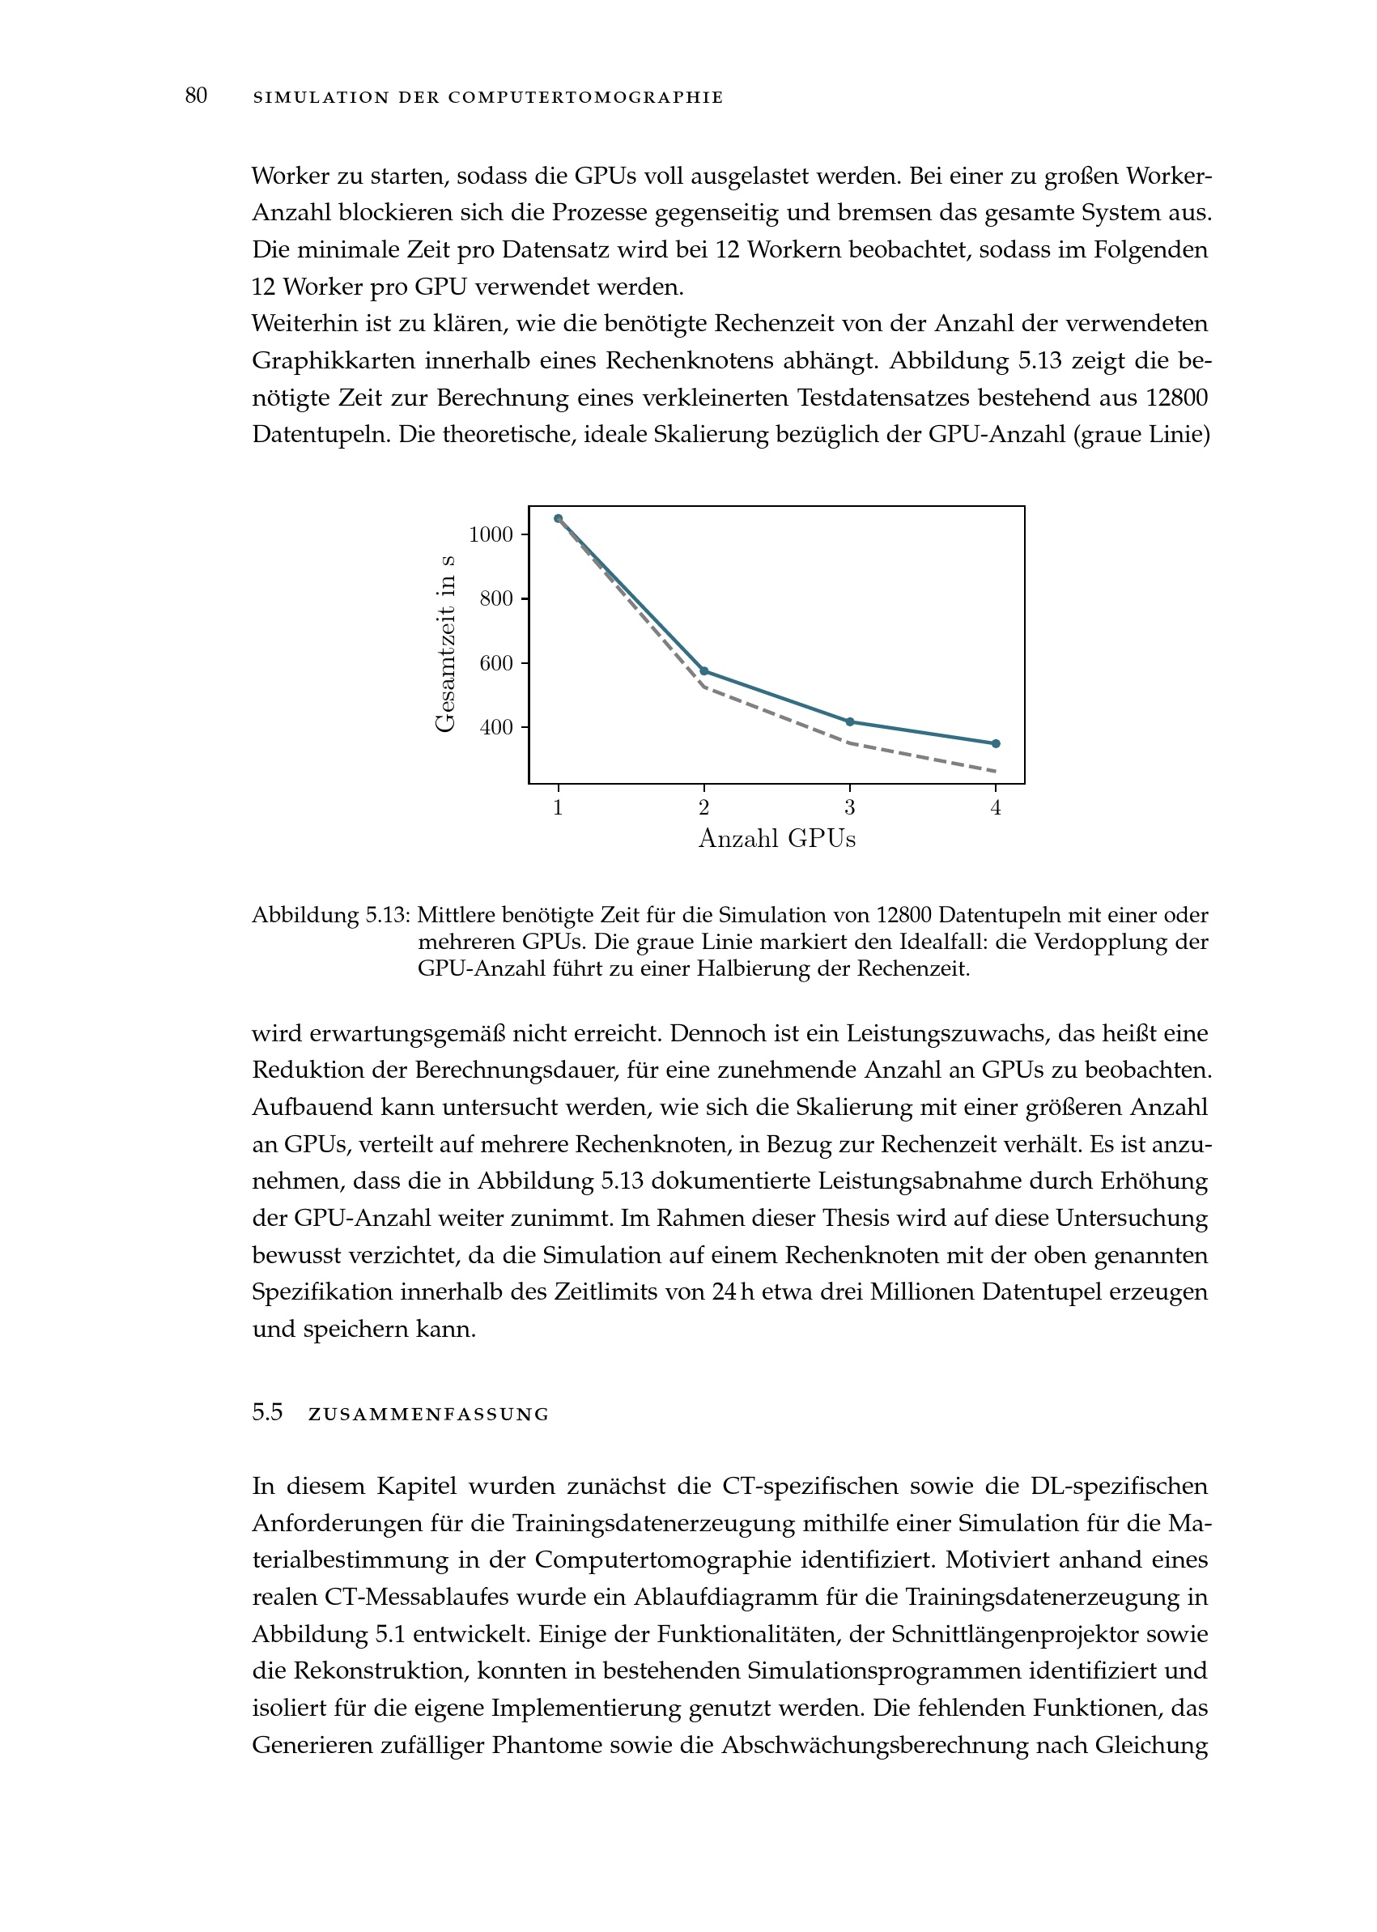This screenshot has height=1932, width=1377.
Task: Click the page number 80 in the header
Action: [196, 96]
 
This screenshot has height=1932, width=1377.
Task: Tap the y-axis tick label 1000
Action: [491, 534]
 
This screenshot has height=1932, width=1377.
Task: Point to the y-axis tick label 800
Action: [496, 598]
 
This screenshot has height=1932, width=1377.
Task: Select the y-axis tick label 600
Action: [496, 663]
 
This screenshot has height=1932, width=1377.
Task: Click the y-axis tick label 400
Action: [496, 727]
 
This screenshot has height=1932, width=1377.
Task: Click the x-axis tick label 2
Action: [703, 808]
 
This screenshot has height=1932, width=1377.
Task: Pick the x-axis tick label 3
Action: [850, 808]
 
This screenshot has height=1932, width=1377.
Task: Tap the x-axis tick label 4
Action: [996, 808]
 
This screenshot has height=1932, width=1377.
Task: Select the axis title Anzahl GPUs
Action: [776, 839]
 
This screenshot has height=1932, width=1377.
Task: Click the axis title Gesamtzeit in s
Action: [445, 644]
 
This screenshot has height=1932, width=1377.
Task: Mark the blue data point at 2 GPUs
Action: [703, 671]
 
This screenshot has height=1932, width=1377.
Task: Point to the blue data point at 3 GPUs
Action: [850, 721]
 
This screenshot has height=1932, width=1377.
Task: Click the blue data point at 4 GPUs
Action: [996, 744]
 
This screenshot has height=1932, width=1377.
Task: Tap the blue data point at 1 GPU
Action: [558, 518]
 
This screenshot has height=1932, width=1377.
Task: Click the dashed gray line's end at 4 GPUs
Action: [995, 771]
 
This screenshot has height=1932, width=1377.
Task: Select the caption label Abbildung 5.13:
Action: [330, 916]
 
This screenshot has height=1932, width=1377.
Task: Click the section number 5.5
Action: [267, 1413]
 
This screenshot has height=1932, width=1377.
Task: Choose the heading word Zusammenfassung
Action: [429, 1415]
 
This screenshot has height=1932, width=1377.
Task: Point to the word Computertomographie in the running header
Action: [586, 97]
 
